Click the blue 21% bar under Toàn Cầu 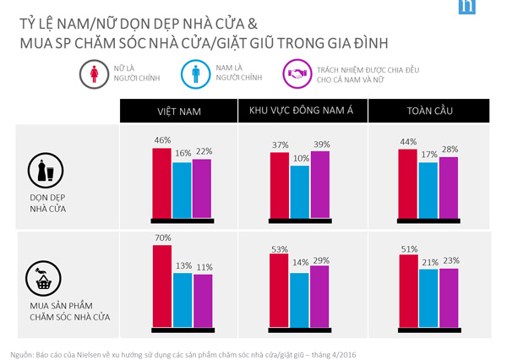(x=428, y=297)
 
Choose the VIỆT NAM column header (x=177, y=111)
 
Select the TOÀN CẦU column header (x=428, y=111)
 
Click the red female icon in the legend (x=92, y=73)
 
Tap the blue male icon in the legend (x=194, y=73)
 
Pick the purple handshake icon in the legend (x=297, y=73)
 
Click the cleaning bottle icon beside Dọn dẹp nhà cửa (x=47, y=171)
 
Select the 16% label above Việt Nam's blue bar (x=182, y=153)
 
